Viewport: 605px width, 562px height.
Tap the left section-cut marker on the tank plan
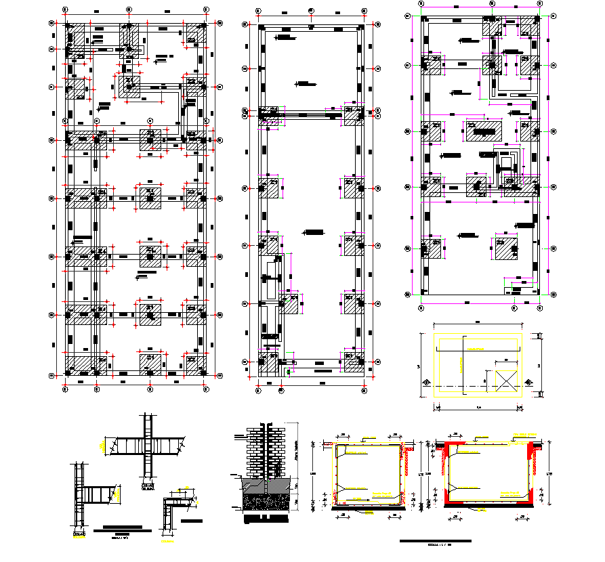click(427, 383)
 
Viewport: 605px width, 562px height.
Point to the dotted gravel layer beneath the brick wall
click(264, 502)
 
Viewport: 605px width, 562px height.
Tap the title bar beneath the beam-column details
click(119, 527)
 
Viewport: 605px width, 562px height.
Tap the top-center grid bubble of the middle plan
click(310, 11)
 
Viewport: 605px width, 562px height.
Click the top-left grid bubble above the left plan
click(64, 9)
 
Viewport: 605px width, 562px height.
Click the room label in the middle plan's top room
click(306, 84)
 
